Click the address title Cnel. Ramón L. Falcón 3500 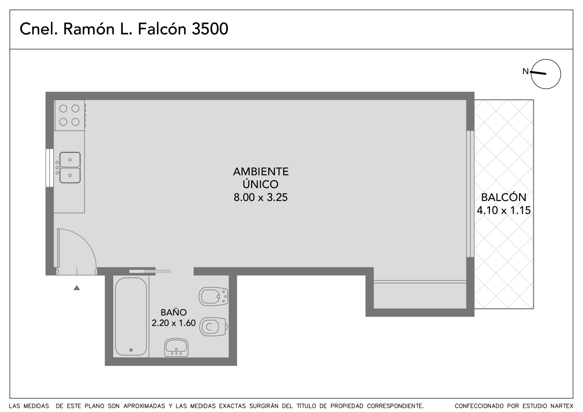[124, 29]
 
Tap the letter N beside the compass [525, 71]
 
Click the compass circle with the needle [545, 74]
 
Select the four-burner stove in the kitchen [70, 115]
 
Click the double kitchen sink [70, 168]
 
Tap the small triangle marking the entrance [77, 288]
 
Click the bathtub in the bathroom [131, 316]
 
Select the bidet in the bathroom [214, 297]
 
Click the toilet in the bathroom [214, 326]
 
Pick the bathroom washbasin [176, 348]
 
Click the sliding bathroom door [150, 271]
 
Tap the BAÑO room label [173, 312]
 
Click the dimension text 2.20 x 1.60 [173, 323]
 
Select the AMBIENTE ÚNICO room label [261, 178]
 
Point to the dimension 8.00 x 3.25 [261, 197]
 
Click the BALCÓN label [504, 197]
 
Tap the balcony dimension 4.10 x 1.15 [504, 210]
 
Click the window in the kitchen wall [50, 168]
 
